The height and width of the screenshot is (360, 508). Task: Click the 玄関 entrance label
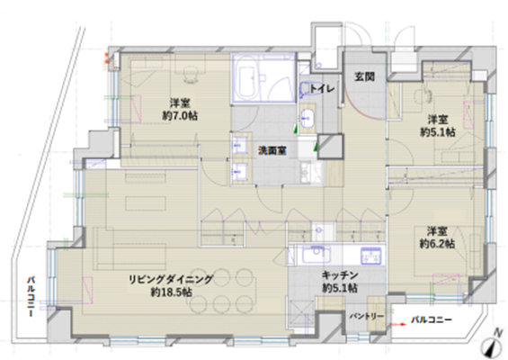click(364, 76)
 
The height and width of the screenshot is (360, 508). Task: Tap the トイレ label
click(322, 88)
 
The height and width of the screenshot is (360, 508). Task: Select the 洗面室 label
click(272, 150)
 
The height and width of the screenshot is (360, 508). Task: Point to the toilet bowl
click(305, 89)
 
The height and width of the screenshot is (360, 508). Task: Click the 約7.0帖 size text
click(180, 116)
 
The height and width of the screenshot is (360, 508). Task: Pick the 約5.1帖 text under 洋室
click(437, 132)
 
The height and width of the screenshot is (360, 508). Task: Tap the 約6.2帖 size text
click(437, 243)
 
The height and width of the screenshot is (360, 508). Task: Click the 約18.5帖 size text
click(172, 292)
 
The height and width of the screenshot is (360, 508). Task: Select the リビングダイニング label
click(171, 279)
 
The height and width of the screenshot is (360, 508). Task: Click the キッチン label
click(340, 275)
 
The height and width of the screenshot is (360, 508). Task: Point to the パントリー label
click(367, 316)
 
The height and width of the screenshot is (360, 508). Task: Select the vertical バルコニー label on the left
click(31, 296)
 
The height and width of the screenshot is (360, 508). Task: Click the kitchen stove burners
click(371, 256)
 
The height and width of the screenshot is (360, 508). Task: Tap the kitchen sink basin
click(316, 255)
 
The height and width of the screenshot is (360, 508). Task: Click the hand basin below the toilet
click(307, 118)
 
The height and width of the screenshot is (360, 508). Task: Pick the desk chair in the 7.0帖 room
click(191, 76)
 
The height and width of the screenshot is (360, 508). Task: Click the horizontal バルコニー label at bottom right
click(432, 320)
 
